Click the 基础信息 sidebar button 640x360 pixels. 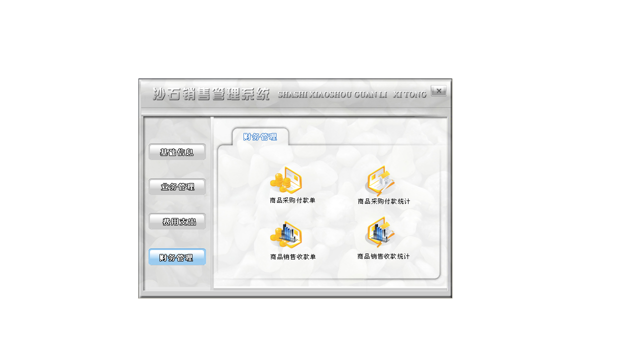coord(177,152)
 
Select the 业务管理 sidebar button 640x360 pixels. coord(177,187)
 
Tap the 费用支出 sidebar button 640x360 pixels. coord(177,221)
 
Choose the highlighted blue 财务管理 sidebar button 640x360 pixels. coord(177,257)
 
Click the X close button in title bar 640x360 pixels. coord(438,91)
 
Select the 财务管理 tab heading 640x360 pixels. coord(260,137)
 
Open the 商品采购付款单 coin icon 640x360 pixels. coord(286,179)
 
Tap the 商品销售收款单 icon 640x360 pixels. coord(286,235)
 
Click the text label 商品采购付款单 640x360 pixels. coord(292,200)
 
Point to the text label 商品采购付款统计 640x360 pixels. coord(384,201)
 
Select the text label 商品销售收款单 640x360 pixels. coord(293,257)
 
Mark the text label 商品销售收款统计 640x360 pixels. coord(383,256)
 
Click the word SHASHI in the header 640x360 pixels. coord(293,94)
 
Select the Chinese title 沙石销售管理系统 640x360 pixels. coord(211,93)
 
